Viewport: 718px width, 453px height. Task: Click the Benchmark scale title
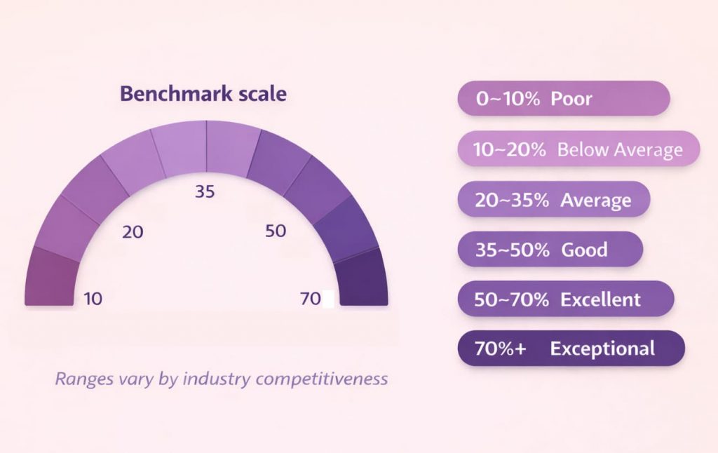203,94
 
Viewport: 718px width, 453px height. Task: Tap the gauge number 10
93,299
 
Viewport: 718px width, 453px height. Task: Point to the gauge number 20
132,231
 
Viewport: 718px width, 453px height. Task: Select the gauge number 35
205,191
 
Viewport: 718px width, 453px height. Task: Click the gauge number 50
276,231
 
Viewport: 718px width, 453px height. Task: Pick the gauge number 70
310,299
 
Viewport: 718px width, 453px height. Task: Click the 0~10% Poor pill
563,98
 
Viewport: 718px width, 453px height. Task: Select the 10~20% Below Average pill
578,149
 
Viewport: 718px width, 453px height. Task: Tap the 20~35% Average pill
553,199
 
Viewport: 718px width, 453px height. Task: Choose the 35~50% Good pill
550,249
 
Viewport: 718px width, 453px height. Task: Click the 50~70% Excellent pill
565,299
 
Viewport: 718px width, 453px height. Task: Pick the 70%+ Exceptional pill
571,349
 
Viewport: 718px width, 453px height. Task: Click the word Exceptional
602,349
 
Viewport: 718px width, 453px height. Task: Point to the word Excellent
600,299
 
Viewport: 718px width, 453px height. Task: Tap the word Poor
571,98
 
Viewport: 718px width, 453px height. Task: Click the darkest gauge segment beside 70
363,280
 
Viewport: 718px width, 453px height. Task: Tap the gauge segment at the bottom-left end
50,280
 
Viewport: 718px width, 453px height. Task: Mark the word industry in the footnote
217,379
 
